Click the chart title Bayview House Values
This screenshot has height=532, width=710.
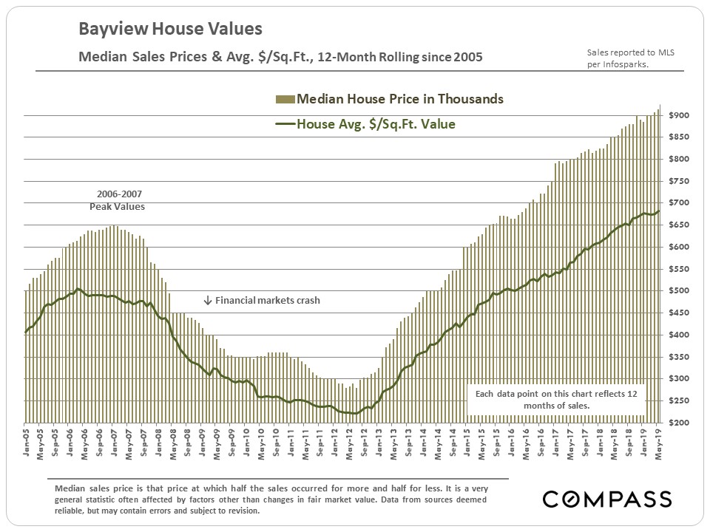point(170,30)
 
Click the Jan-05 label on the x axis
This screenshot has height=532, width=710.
point(27,443)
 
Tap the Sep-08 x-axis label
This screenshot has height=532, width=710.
point(188,443)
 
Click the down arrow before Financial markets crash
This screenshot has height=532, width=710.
point(208,301)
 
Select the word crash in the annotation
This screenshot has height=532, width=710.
point(306,301)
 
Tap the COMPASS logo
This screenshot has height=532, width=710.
point(606,499)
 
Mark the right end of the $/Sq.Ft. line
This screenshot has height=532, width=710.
point(659,211)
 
